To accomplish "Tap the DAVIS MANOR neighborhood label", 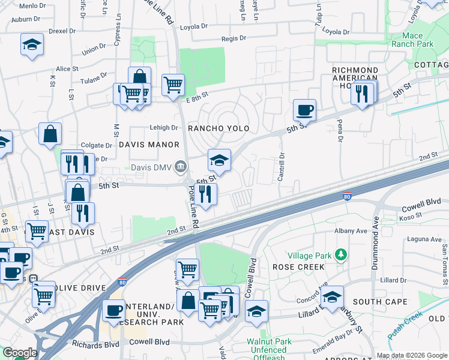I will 149,145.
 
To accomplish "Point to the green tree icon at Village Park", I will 340,255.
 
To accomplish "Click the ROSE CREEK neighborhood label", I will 294,266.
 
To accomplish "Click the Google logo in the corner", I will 19,353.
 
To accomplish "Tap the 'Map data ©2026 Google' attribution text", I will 412,355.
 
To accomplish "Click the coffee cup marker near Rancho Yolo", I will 304,110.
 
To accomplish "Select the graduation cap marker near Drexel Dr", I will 32,44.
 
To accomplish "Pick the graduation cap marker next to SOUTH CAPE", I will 332,297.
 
